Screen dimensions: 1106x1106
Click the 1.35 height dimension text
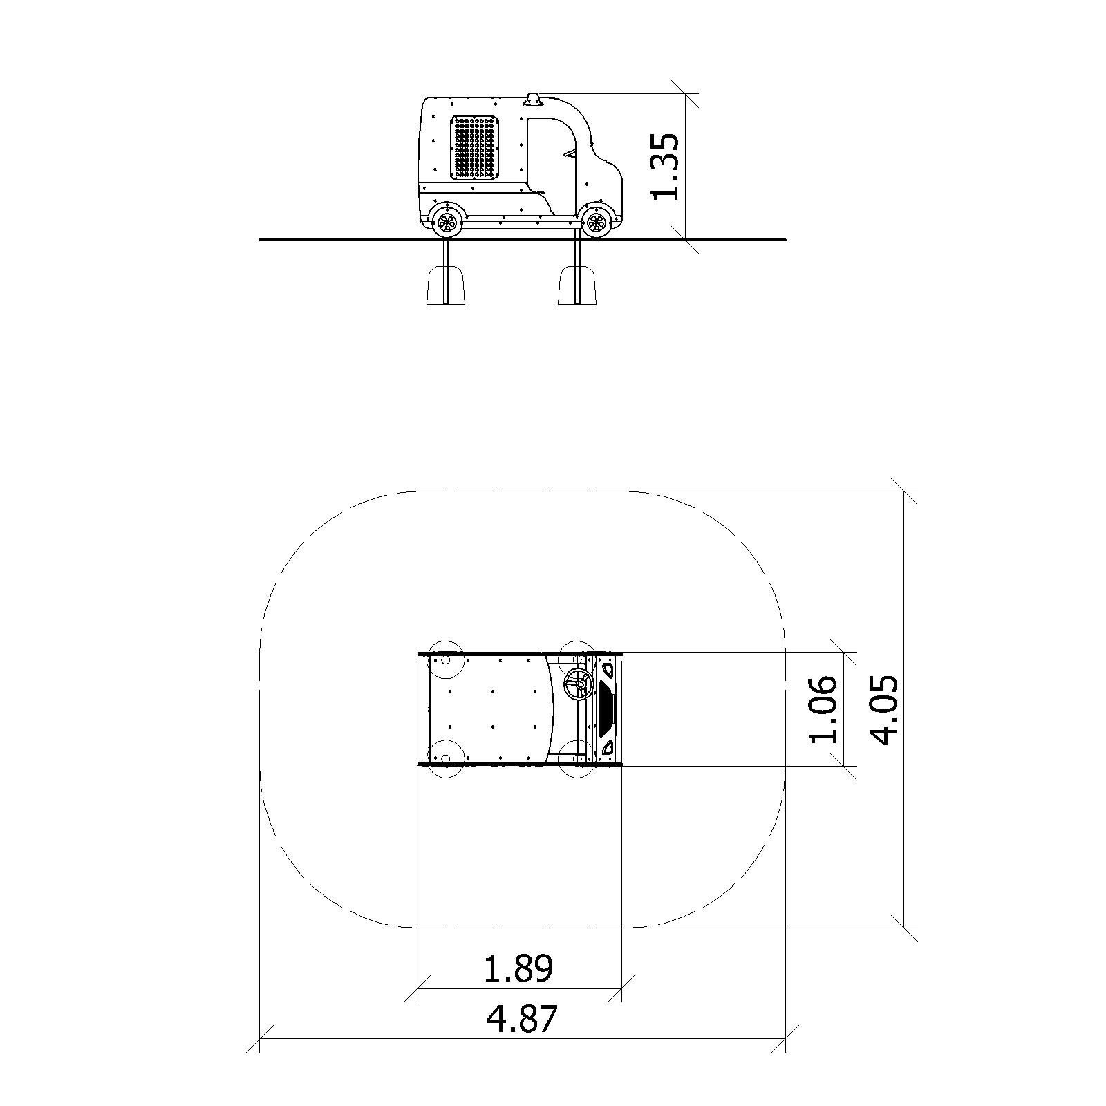666,166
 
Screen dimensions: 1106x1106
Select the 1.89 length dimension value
518,968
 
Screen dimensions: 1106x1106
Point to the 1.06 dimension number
823,709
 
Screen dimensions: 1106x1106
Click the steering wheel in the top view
577,685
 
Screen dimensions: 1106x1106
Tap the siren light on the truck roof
533,100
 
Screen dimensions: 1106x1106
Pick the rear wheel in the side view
447,222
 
